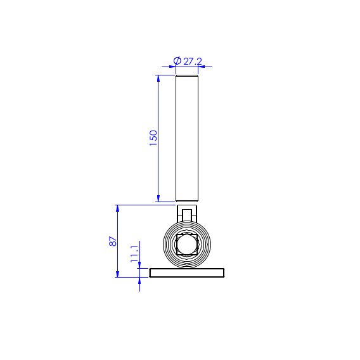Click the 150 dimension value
pyautogui.click(x=153, y=138)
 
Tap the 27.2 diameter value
pyautogui.click(x=193, y=61)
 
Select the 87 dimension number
pyautogui.click(x=113, y=241)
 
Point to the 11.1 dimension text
pyautogui.click(x=134, y=254)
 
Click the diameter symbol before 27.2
pyautogui.click(x=177, y=61)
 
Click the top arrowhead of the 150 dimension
pyautogui.click(x=158, y=79)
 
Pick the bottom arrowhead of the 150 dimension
pyautogui.click(x=158, y=198)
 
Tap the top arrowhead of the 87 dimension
pyautogui.click(x=117, y=209)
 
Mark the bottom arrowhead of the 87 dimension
pyautogui.click(x=117, y=274)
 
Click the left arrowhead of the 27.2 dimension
pyautogui.click(x=172, y=67)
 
